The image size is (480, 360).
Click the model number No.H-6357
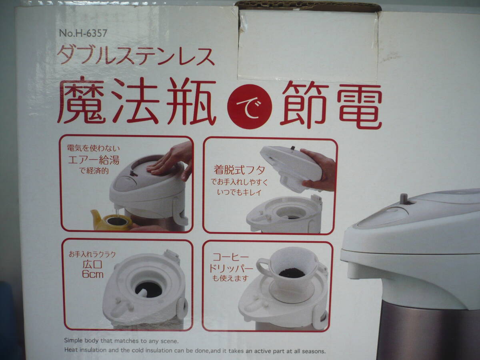pos(83,33)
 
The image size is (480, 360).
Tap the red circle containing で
pos(249,106)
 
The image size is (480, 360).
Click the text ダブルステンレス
pos(136,56)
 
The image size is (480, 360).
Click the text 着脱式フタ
pos(239,170)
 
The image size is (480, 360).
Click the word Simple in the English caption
pos(74,340)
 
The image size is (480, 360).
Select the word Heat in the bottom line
pos(71,350)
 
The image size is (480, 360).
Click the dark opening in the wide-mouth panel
pos(149,289)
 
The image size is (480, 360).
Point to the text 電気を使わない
pos(93,148)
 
